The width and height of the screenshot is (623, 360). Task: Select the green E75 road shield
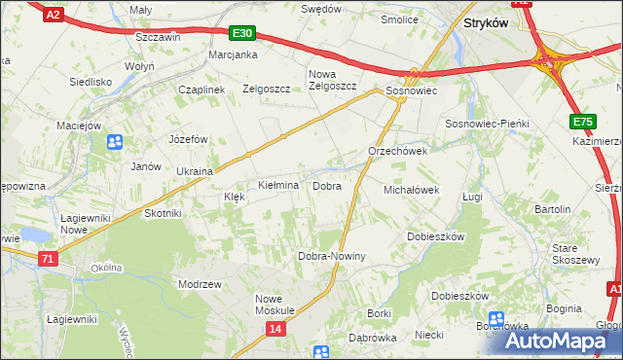click(582, 122)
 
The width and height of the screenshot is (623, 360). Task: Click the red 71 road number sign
click(48, 259)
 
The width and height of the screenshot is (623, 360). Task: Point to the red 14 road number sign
click(275, 330)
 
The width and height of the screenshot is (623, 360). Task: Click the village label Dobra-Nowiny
click(331, 257)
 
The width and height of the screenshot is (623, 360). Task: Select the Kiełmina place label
click(277, 185)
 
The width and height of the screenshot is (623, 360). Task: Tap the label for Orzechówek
click(398, 152)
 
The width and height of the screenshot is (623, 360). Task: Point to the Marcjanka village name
click(233, 54)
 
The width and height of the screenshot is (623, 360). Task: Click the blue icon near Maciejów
click(115, 142)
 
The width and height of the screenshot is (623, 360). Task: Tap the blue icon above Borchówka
click(496, 318)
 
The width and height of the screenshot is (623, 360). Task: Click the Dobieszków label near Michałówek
click(435, 236)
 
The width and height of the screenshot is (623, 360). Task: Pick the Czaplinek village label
click(202, 90)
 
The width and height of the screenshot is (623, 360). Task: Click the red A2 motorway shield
click(53, 14)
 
